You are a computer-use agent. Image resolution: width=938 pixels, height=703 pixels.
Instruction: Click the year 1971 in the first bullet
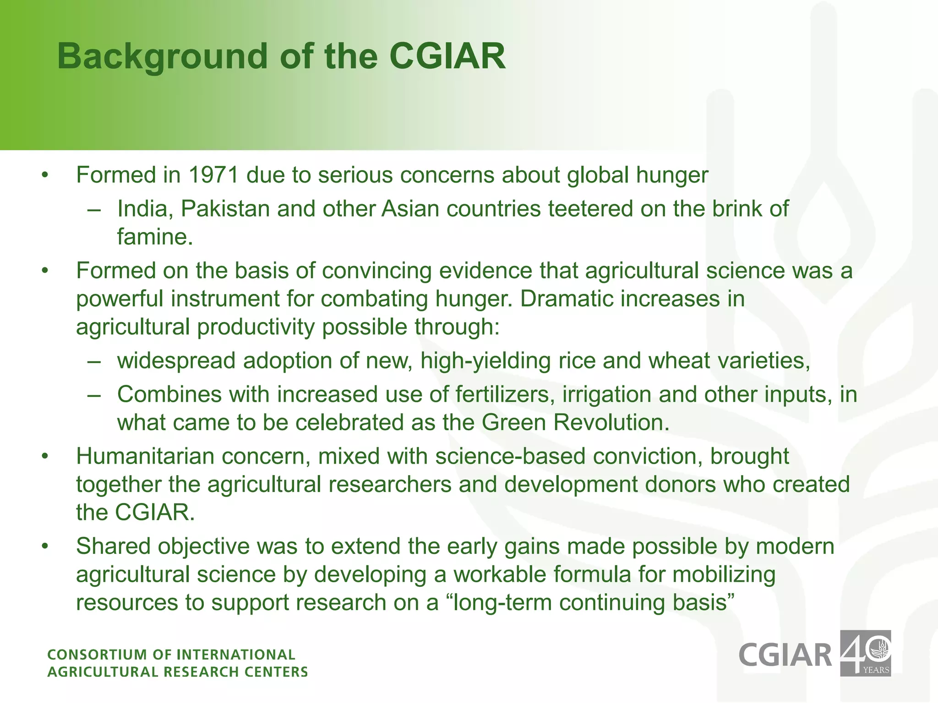tap(213, 175)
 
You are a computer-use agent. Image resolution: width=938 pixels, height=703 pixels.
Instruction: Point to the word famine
tap(154, 237)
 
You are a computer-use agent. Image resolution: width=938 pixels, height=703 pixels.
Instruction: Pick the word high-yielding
tap(485, 361)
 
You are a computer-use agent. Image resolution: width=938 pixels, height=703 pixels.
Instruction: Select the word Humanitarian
tap(145, 456)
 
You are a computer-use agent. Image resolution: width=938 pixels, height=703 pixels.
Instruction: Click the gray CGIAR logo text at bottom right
tap(785, 655)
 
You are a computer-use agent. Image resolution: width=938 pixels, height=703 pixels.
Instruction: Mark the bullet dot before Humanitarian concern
tap(44, 457)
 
